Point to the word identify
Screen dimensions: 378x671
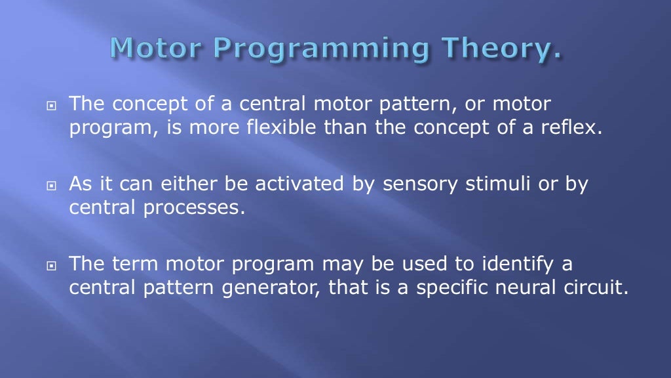click(503, 264)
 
